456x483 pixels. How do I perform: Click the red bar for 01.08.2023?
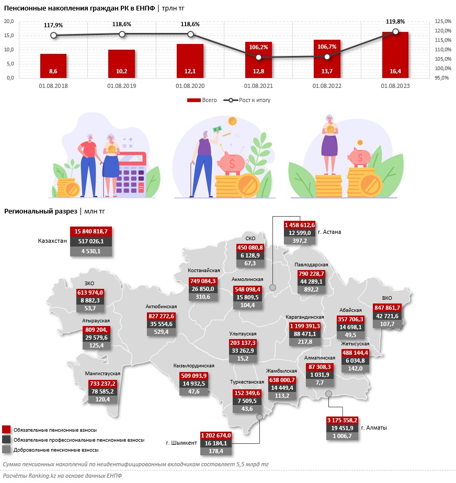point(395,55)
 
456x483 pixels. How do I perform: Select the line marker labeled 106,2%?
point(258,57)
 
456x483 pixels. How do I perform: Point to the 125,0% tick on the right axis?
point(442,21)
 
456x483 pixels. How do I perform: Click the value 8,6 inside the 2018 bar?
point(53,71)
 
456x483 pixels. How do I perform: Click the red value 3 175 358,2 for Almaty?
point(342,420)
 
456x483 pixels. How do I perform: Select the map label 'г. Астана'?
point(333,232)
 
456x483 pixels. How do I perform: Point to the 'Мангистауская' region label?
point(102,374)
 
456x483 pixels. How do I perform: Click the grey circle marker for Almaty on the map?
point(328,394)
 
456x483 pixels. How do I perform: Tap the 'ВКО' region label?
point(388,298)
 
